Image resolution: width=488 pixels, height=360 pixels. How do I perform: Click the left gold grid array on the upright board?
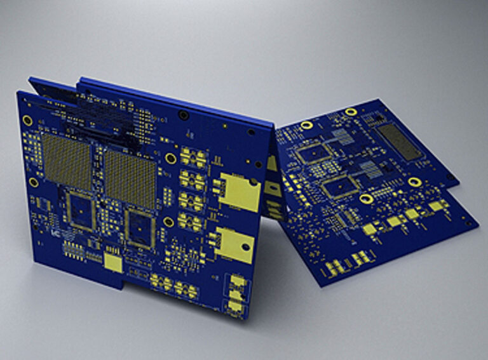[x=67, y=161]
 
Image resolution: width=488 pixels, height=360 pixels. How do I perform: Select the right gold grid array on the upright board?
[x=130, y=178]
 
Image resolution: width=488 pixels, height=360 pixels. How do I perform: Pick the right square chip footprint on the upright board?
[x=139, y=228]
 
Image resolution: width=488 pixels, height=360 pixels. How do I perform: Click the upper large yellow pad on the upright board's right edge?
[x=240, y=192]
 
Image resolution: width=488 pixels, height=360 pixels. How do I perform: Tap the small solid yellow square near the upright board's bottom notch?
[x=112, y=264]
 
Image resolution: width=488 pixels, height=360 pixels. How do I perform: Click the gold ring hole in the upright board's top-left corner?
[x=27, y=120]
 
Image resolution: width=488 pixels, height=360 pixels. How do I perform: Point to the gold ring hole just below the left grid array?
[x=34, y=182]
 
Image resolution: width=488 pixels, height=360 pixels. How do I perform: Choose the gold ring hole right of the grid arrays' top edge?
[x=170, y=158]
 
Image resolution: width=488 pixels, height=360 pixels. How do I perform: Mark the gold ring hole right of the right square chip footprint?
[x=169, y=222]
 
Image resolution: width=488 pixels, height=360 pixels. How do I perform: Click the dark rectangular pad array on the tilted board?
[x=399, y=142]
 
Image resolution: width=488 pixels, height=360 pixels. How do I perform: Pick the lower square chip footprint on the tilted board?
[x=339, y=185]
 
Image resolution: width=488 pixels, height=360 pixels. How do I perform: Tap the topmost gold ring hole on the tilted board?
[x=350, y=112]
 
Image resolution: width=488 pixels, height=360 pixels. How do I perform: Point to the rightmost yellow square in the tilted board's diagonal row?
[x=437, y=206]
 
